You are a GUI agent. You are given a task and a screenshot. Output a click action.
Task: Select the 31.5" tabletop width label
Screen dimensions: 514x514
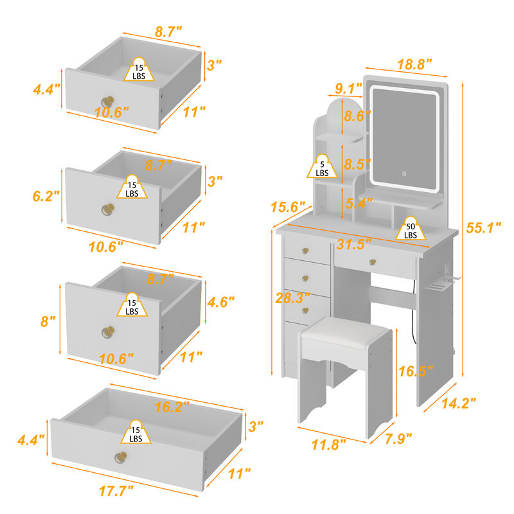pos(354,245)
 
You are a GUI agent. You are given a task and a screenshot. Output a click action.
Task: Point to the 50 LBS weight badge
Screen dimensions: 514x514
pos(410,230)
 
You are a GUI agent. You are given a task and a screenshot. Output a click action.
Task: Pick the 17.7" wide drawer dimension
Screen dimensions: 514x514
pos(117,490)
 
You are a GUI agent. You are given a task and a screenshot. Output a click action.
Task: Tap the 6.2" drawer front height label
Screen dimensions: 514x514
pos(46,195)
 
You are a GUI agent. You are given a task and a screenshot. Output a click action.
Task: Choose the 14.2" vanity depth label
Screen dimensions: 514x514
pos(459,403)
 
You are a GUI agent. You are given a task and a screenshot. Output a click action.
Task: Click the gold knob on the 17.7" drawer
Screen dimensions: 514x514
pos(119,457)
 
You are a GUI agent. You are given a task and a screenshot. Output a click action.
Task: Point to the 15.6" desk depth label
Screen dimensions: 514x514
pos(287,208)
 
